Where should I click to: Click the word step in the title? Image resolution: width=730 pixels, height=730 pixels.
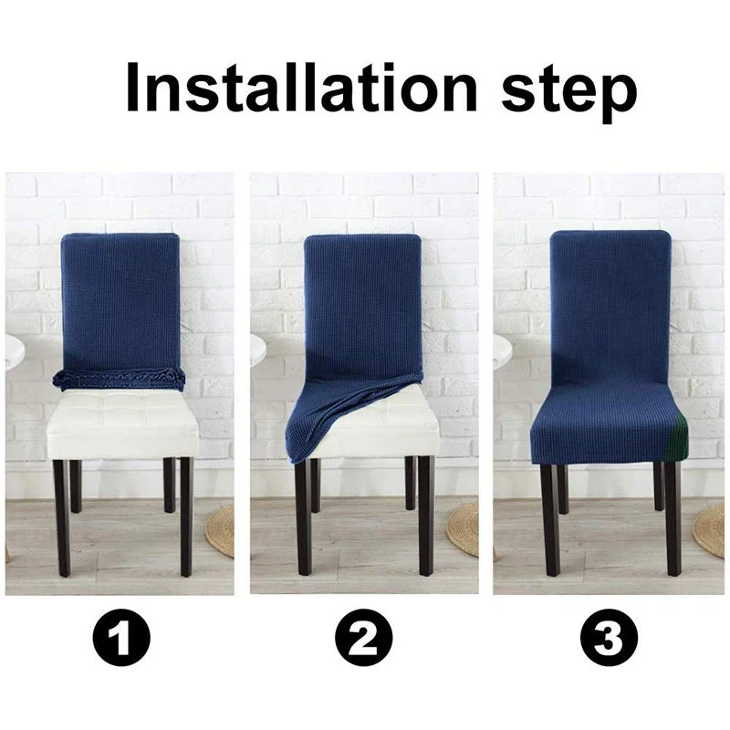pyautogui.click(x=568, y=94)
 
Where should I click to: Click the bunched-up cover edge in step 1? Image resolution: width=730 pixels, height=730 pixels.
pyautogui.click(x=119, y=378)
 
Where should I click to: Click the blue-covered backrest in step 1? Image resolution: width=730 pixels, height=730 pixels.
pyautogui.click(x=120, y=302)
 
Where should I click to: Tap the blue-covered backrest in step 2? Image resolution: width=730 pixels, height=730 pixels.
pyautogui.click(x=362, y=308)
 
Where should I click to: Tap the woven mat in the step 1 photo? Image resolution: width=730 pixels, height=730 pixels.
pyautogui.click(x=220, y=532)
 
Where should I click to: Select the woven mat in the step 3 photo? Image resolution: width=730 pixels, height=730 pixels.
pyautogui.click(x=709, y=531)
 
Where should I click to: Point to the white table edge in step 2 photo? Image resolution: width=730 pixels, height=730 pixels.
pyautogui.click(x=257, y=349)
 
